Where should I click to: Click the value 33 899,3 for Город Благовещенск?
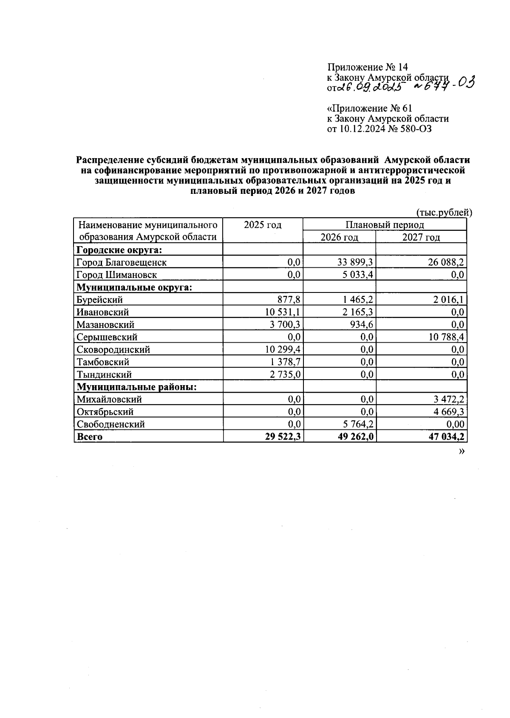355,262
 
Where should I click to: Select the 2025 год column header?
263,225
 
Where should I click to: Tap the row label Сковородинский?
113,349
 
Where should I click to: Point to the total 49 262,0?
356,437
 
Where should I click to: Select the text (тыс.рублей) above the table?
444,213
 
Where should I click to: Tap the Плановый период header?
385,225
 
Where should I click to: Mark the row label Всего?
89,437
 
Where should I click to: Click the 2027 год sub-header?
421,237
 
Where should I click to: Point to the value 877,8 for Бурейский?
289,300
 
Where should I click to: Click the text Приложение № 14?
367,67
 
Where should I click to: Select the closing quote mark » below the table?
462,451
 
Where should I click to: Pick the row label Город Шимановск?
116,275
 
